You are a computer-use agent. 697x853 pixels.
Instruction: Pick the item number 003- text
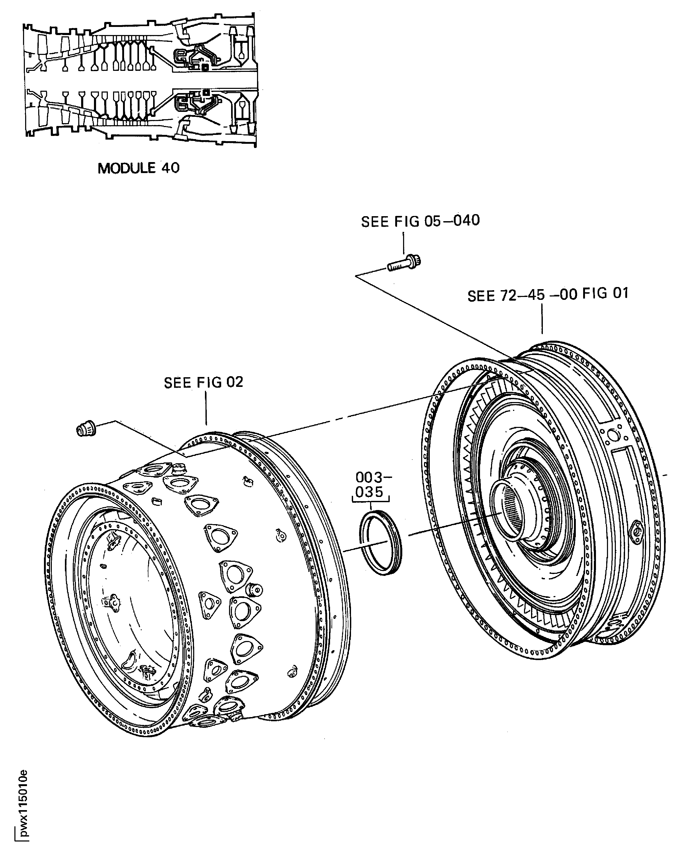click(373, 477)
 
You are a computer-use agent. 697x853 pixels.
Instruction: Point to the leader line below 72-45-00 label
click(542, 319)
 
